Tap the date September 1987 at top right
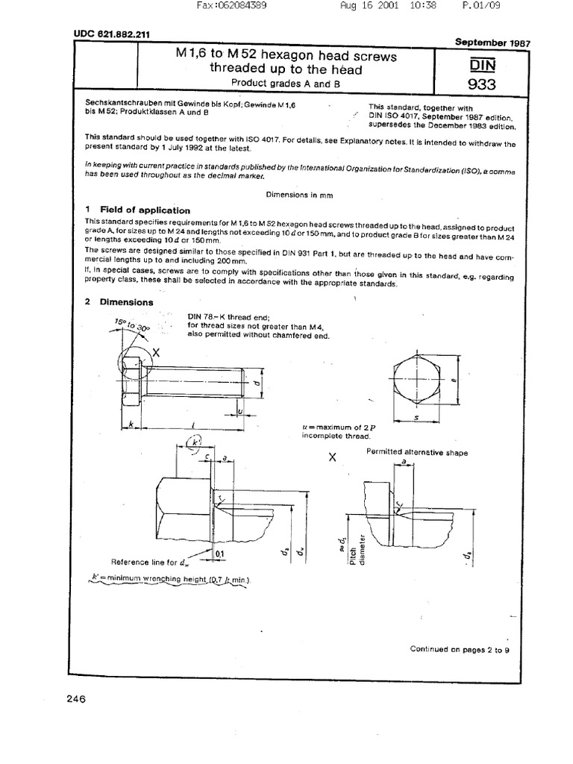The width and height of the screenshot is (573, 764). pos(492,43)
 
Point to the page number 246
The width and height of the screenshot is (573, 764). pos(76,699)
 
